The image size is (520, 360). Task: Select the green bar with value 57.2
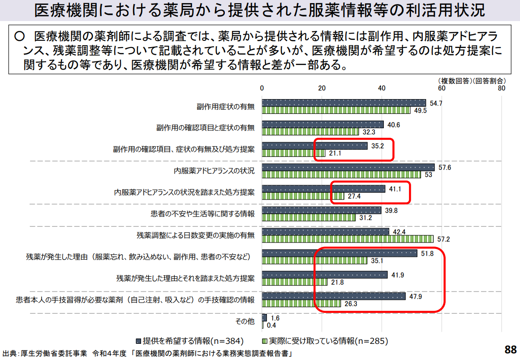click(x=348, y=239)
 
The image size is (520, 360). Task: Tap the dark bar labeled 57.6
click(x=348, y=167)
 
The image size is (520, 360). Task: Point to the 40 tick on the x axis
click(x=382, y=88)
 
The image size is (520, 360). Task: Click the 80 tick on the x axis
click(x=501, y=88)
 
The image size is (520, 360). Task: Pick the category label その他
click(x=245, y=321)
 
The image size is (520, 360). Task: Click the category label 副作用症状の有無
click(x=225, y=106)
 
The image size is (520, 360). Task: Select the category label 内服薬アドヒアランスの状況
click(x=214, y=171)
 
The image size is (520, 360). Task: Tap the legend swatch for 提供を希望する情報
click(x=138, y=340)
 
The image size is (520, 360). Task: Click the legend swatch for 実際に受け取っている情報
click(x=264, y=340)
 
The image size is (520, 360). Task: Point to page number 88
click(x=510, y=349)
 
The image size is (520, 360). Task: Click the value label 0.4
click(x=271, y=325)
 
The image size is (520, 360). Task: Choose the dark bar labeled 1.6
click(x=264, y=317)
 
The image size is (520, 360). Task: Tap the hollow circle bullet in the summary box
click(x=19, y=36)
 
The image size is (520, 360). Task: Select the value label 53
click(x=428, y=175)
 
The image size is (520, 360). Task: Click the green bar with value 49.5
click(x=336, y=110)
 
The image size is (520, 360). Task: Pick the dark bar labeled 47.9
click(x=334, y=296)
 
